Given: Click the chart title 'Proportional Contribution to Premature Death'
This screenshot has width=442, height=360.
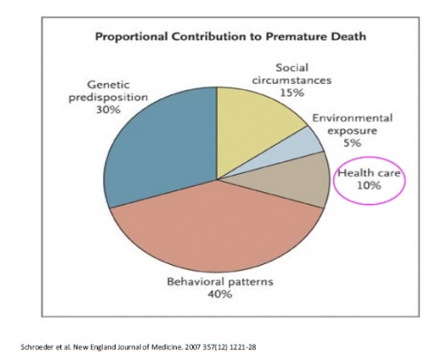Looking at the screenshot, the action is point(230,37).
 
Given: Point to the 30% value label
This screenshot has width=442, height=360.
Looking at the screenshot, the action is point(108,110).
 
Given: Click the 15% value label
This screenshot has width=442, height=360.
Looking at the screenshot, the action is point(292,93).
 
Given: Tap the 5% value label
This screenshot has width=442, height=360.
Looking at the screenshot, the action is point(352,143).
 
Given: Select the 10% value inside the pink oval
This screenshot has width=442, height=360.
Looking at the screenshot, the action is point(369,186).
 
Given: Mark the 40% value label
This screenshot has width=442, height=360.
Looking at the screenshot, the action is point(220,295).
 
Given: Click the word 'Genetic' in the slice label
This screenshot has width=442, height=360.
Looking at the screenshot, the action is point(108,85).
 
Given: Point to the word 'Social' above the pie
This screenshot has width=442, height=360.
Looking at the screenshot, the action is point(292,68).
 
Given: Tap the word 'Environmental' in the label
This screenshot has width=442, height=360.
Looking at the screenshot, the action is point(352,118).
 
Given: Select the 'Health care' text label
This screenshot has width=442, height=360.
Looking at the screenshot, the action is point(369,173).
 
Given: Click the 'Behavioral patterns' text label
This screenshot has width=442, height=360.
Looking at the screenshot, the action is point(220,282).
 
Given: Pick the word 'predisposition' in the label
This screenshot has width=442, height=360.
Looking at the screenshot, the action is point(108,98).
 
